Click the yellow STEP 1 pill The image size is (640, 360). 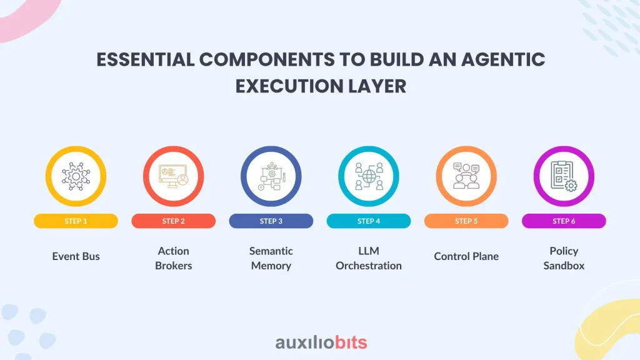point(76,221)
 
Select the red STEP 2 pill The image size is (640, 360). point(174,221)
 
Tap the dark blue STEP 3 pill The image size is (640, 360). point(271,221)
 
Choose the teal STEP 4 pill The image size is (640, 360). point(369,221)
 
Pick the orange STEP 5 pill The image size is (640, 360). point(466,221)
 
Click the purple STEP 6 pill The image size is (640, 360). point(564,221)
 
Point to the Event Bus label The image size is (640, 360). point(76,256)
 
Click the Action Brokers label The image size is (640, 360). point(174,258)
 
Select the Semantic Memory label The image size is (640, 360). point(271,258)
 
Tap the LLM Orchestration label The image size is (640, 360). point(369,258)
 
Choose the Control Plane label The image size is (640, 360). point(466,256)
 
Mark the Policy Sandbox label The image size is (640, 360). point(564,258)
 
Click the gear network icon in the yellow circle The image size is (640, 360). point(76,176)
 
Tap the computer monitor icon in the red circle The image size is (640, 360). point(174,176)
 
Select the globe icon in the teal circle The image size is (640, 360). point(369,176)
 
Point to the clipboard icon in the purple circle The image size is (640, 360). point(564,176)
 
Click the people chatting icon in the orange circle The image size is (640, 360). point(466,176)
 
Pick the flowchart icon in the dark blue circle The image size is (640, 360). point(272,176)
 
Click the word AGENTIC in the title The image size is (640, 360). point(503,59)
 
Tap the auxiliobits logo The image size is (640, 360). point(321,342)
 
